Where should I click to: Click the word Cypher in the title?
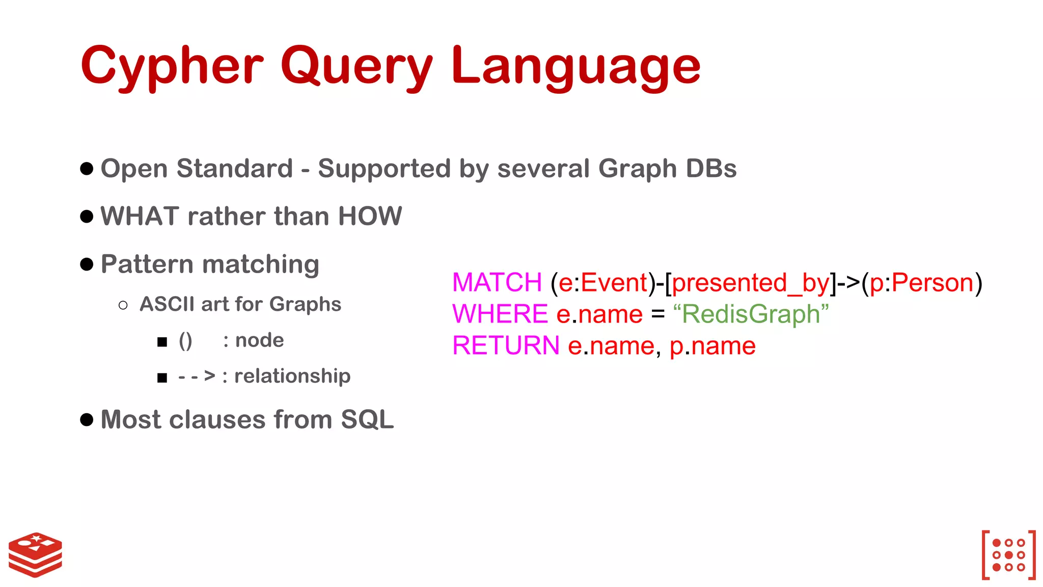[172, 66]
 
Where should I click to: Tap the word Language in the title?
[576, 66]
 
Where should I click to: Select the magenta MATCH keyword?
[497, 283]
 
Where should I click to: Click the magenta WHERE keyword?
[500, 314]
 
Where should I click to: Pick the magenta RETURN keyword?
[506, 345]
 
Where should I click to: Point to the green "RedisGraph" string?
[751, 314]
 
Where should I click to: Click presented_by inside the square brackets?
[751, 283]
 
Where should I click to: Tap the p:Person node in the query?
[921, 283]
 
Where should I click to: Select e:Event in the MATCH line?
[603, 283]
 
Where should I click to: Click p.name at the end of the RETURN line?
[712, 346]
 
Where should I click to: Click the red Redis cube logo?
[35, 554]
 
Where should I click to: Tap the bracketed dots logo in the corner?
[1008, 555]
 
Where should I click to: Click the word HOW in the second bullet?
[370, 216]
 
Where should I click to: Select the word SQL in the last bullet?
[367, 420]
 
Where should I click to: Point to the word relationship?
[292, 376]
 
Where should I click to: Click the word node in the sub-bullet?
[259, 340]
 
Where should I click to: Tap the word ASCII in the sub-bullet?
[167, 304]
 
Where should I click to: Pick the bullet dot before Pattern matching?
[87, 264]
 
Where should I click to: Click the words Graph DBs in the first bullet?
[667, 169]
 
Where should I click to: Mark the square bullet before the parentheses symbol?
[162, 342]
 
